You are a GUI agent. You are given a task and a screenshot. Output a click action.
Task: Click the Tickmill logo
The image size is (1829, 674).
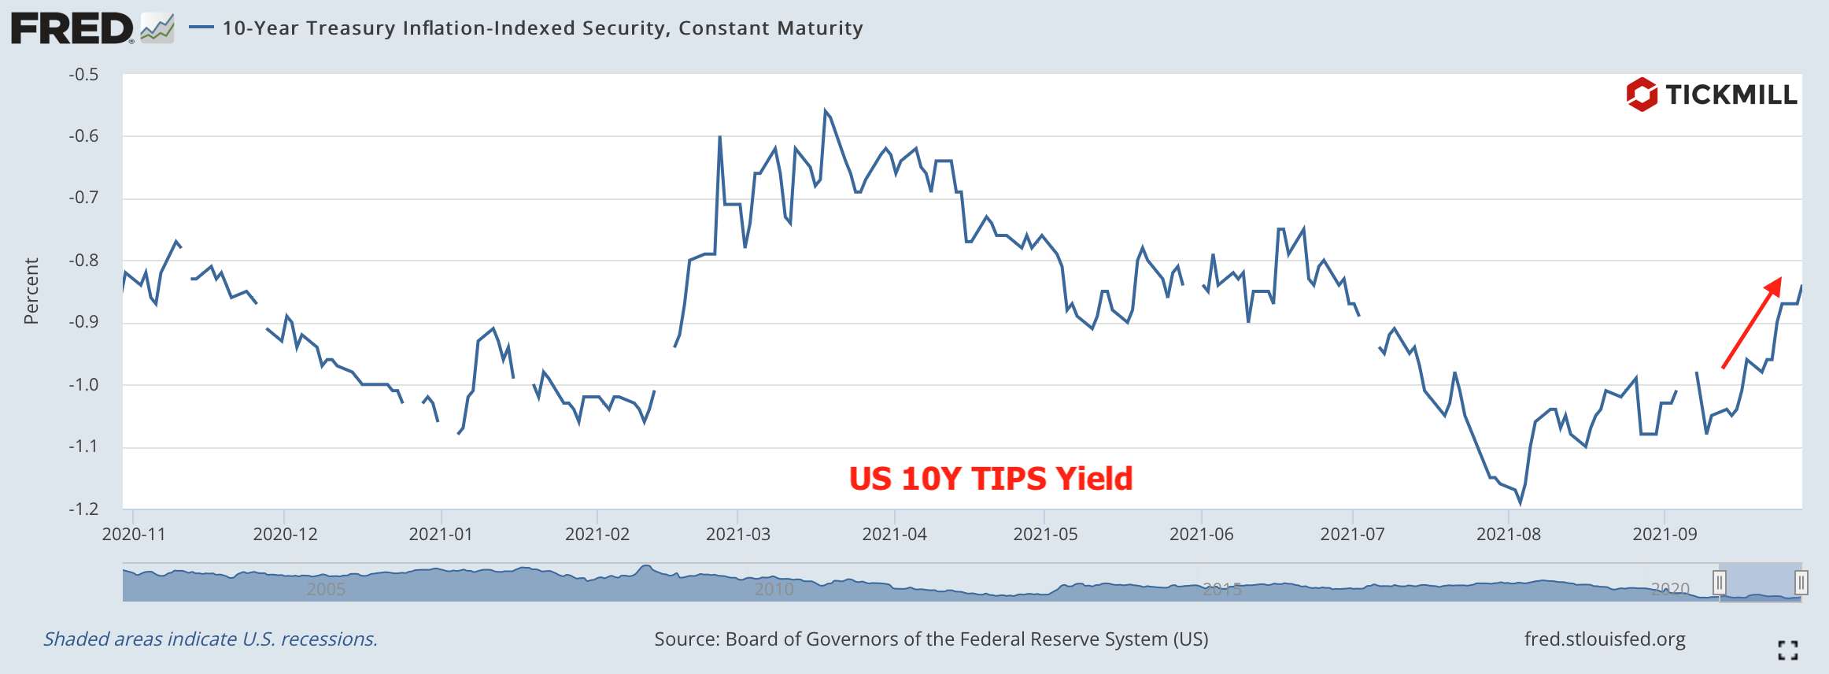1711,95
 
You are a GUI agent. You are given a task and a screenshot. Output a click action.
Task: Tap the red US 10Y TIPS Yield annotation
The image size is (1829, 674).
990,479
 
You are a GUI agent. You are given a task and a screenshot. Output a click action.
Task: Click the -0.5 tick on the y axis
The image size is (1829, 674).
83,75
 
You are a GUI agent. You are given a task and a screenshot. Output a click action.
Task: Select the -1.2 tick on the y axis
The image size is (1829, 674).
83,509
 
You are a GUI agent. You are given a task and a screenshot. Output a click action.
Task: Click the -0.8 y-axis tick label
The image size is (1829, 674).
83,261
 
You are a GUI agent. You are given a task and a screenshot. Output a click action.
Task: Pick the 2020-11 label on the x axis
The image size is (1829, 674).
134,534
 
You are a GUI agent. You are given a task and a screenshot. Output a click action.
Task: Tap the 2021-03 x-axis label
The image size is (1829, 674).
737,534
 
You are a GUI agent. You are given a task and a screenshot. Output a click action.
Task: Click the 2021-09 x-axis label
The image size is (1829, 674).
1665,534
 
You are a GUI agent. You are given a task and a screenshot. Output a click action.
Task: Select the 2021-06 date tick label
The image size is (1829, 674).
1201,534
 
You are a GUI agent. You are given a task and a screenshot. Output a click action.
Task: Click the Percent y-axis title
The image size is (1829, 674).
31,291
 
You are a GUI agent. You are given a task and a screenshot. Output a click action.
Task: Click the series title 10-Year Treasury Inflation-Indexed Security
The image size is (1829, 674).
542,28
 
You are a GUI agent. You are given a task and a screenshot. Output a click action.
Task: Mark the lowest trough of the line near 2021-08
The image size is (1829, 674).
1520,502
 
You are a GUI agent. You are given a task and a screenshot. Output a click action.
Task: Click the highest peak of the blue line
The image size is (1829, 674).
825,111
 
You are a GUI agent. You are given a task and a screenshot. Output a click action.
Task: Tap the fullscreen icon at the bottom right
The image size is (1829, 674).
1787,650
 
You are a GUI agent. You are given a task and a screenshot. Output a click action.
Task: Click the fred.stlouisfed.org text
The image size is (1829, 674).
1604,639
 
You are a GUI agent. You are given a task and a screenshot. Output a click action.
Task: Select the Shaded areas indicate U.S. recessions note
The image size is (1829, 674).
210,639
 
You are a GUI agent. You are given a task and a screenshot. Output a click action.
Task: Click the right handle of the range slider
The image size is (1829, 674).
1801,583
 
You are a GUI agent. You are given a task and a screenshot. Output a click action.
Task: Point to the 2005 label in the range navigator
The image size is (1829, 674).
326,589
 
